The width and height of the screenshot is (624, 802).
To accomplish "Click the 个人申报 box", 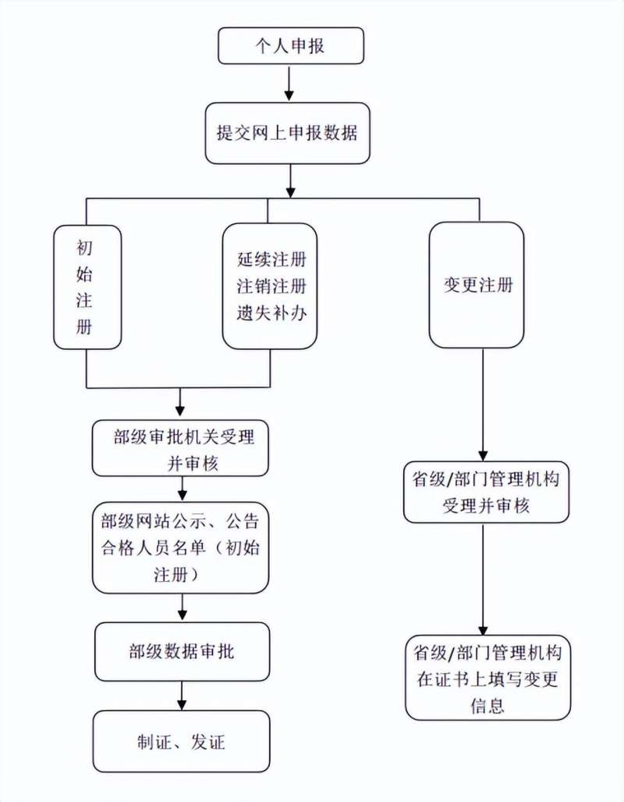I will point(291,46).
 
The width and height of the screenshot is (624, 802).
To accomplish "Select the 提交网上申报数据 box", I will point(287,133).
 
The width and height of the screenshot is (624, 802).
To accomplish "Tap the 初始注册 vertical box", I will point(87,287).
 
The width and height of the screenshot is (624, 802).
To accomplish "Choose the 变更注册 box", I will point(477,285).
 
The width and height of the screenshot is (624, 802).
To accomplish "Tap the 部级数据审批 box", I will point(182,652).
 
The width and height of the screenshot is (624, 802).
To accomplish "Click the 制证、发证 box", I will point(182,741).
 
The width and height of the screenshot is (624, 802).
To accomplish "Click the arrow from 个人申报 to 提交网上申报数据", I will point(289,83).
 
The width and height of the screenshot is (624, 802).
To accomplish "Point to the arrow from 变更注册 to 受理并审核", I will point(484,406).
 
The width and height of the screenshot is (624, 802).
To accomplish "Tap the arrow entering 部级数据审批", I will point(182,608).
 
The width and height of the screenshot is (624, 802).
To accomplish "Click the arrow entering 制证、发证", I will point(182,696).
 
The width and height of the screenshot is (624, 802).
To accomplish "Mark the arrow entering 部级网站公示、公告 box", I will point(182,490).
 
